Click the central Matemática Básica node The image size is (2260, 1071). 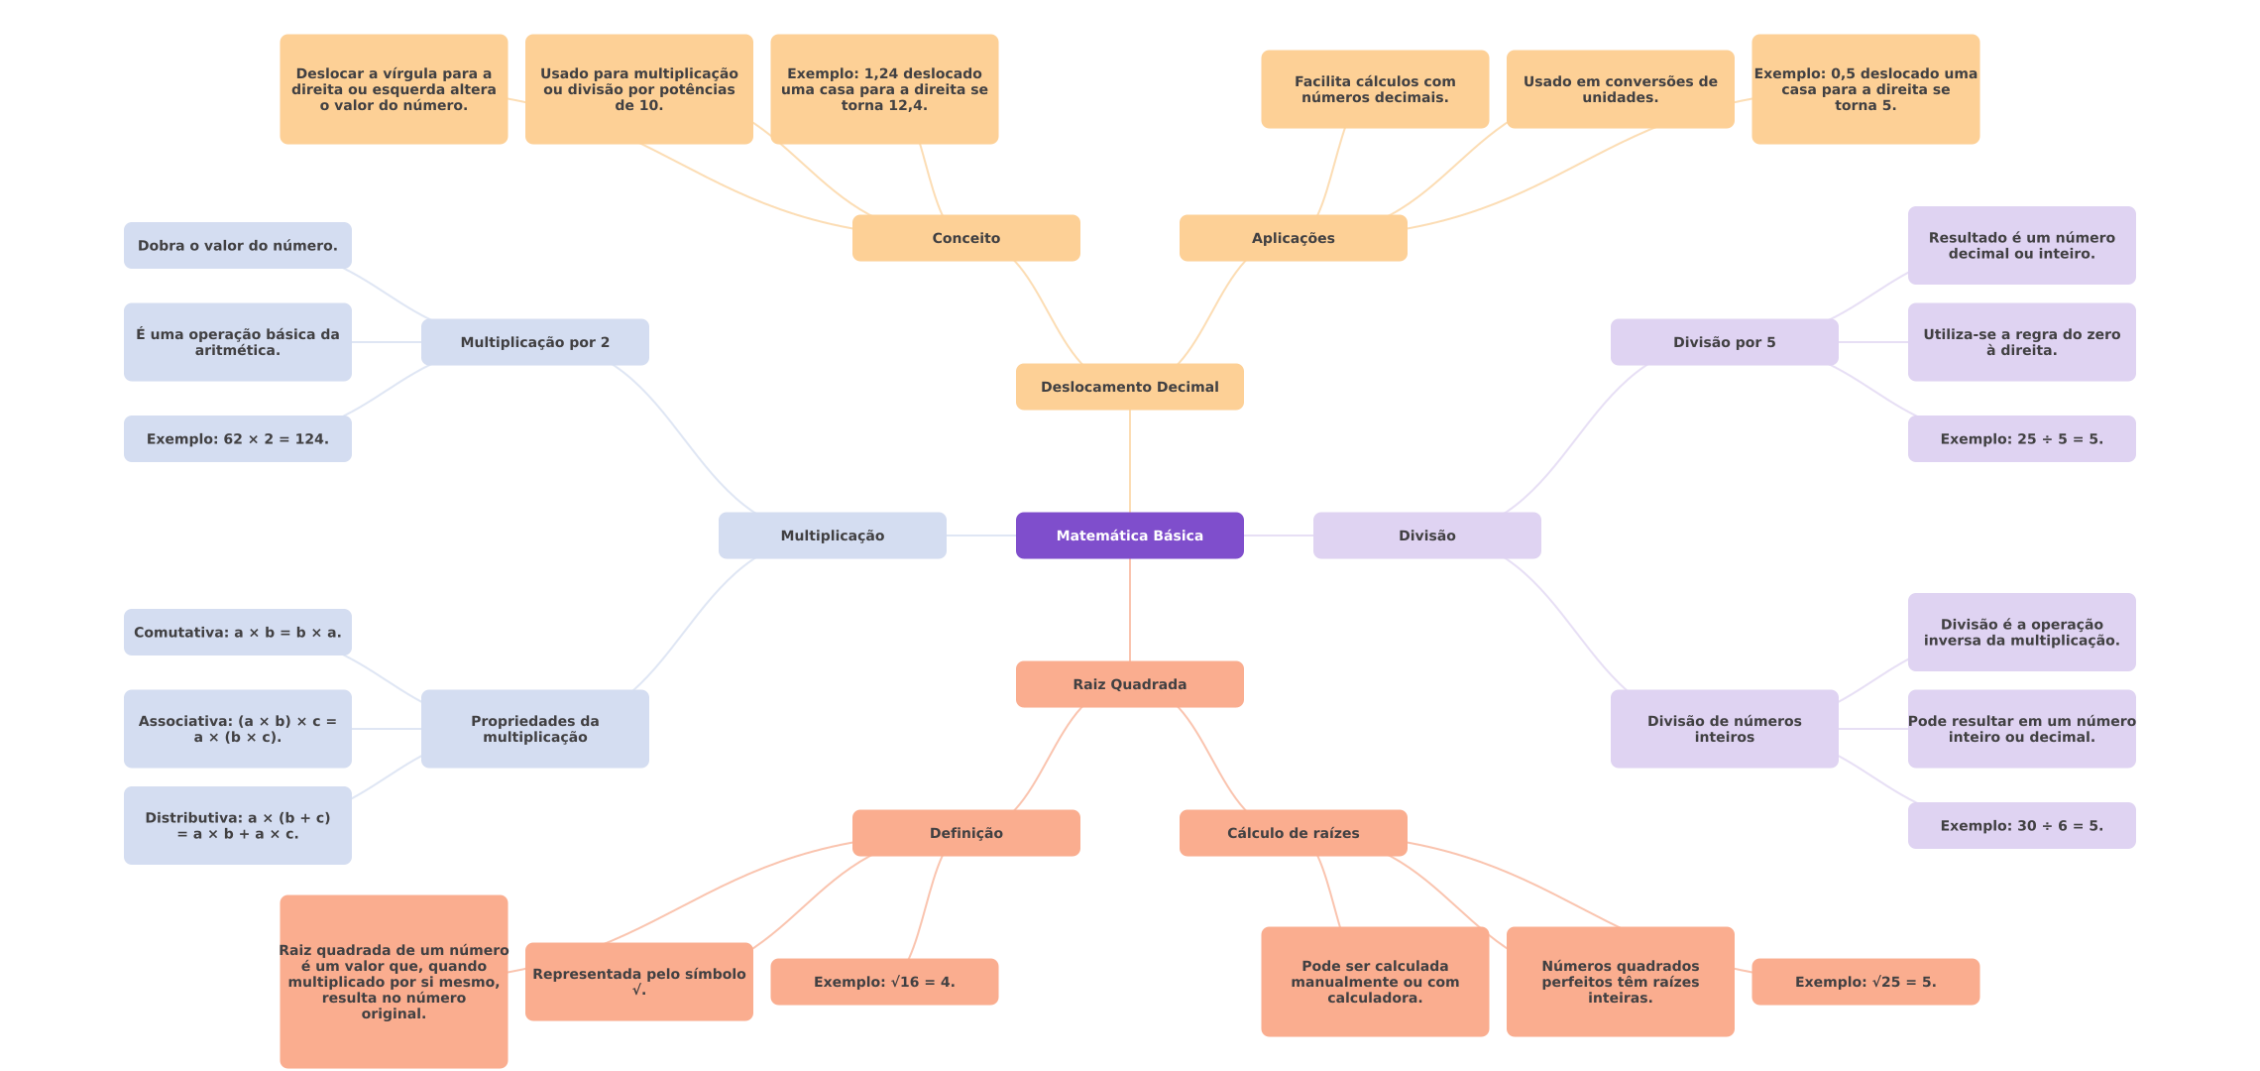[1129, 535]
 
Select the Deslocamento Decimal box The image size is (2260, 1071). [1129, 387]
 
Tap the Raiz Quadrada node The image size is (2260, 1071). [1129, 684]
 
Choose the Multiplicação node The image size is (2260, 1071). [832, 535]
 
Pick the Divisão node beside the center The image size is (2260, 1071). [1426, 535]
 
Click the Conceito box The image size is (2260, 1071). [965, 238]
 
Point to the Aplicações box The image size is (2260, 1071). [1293, 238]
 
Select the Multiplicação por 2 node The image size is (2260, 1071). [534, 342]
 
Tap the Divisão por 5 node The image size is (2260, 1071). [1724, 342]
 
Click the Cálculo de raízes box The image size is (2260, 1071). [1293, 833]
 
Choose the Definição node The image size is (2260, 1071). [965, 833]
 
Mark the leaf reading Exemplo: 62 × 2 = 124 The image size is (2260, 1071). [237, 438]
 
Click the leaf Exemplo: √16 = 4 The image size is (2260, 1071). [884, 982]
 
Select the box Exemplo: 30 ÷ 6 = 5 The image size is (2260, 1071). [2021, 825]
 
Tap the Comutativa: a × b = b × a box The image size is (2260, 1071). [237, 632]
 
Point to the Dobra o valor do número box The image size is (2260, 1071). [237, 245]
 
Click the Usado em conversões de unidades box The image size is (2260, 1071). [1620, 89]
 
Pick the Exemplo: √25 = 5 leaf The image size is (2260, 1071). [1864, 982]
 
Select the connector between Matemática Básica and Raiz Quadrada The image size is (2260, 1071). [1130, 610]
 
